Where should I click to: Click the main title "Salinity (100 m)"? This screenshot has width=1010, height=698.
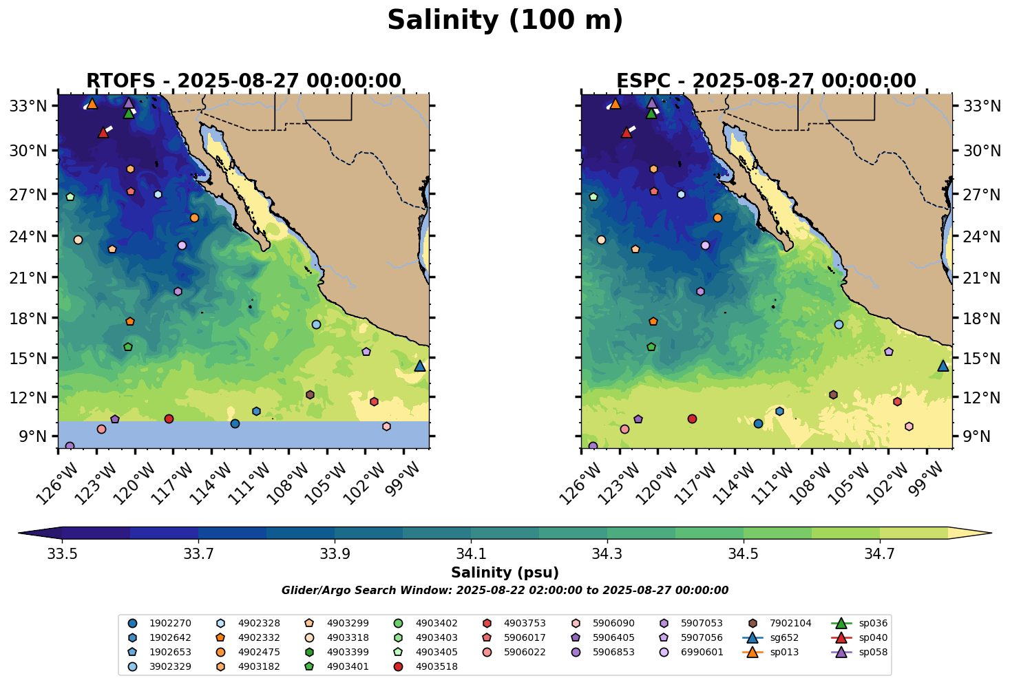(505, 21)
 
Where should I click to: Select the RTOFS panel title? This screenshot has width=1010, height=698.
(243, 81)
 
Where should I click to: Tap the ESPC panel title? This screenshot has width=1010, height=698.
(766, 81)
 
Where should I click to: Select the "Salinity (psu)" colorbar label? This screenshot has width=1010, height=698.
(505, 573)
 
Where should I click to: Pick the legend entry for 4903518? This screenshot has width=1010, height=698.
(427, 666)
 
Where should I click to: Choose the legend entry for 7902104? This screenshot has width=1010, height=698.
(781, 624)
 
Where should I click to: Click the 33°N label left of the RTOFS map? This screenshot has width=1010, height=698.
(28, 106)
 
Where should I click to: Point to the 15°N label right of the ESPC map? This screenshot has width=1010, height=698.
(982, 358)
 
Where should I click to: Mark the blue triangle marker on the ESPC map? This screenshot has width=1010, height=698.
(943, 366)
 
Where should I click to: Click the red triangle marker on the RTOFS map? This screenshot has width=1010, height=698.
(103, 132)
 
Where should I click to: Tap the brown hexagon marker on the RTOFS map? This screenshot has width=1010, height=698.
(310, 394)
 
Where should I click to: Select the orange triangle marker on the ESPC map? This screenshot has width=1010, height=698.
(616, 104)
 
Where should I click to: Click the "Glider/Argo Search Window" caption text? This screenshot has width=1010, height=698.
(505, 591)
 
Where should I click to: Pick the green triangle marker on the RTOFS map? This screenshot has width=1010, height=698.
(129, 113)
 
